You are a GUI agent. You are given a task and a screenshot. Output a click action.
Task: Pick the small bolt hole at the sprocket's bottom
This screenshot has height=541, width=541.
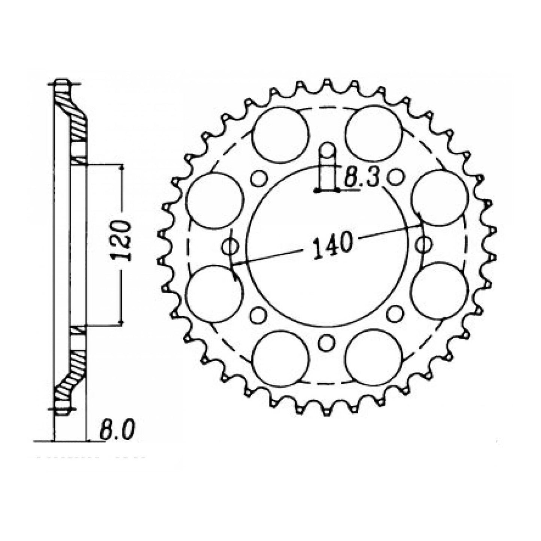tap(326, 343)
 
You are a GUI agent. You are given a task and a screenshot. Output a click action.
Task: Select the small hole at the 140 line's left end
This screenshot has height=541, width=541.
tap(230, 246)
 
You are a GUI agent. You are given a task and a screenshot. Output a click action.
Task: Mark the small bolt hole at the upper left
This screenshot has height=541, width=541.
tap(258, 178)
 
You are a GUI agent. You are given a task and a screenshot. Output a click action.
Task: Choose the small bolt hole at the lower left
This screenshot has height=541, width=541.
tap(258, 315)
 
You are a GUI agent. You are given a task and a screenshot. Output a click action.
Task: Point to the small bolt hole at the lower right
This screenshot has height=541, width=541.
tap(395, 314)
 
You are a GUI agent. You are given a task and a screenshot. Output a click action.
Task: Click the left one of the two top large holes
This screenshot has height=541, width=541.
tap(281, 134)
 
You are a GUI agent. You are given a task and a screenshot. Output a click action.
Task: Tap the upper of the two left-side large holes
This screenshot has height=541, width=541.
tap(214, 200)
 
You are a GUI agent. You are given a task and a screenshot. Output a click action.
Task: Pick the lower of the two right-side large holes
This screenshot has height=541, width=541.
tap(440, 291)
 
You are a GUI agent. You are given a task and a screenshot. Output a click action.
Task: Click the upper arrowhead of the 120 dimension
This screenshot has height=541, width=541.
tap(121, 168)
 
